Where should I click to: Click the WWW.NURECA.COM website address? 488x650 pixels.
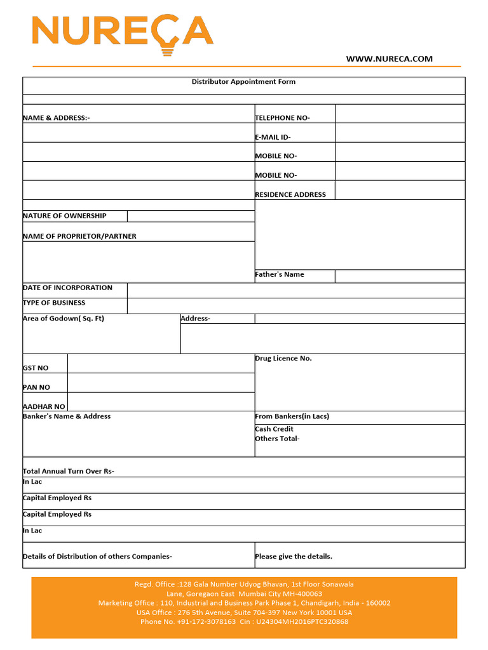(x=389, y=59)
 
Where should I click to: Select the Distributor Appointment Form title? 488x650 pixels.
(x=243, y=82)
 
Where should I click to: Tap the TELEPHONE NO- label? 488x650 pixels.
(x=282, y=118)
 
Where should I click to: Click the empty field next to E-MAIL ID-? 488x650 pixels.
(x=400, y=133)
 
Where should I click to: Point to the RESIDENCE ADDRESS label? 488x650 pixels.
(x=290, y=195)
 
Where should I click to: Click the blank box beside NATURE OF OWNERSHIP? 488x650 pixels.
(x=190, y=216)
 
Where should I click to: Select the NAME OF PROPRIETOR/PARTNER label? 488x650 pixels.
(x=79, y=236)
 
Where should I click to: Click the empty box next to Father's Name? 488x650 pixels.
(x=400, y=276)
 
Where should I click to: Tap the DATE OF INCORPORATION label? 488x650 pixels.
(x=67, y=288)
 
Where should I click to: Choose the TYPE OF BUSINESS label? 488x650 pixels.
(x=54, y=303)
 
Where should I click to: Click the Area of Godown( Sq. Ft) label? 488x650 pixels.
(x=64, y=319)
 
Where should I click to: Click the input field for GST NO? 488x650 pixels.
(x=161, y=364)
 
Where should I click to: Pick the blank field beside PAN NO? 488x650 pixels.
(x=161, y=383)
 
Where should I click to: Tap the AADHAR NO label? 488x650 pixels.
(x=44, y=407)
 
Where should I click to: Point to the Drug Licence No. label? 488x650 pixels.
(x=283, y=359)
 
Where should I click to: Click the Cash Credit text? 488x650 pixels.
(x=274, y=429)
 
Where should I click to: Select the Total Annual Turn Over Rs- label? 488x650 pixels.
(x=69, y=472)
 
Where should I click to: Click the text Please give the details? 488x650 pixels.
(x=294, y=557)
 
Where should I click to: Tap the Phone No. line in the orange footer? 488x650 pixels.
(x=244, y=622)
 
